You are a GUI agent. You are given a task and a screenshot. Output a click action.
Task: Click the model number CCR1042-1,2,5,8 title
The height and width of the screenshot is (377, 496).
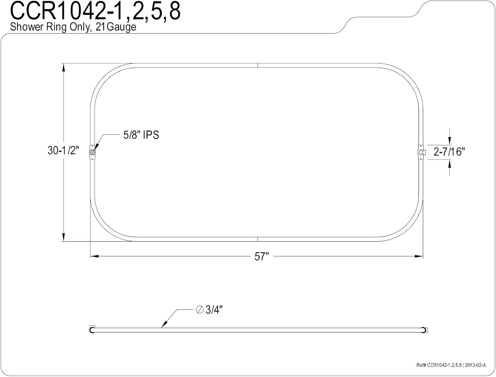tap(95, 11)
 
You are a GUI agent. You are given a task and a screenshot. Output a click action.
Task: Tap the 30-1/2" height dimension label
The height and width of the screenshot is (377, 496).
tap(63, 150)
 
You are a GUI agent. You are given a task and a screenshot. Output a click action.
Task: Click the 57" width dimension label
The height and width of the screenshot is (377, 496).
tap(262, 257)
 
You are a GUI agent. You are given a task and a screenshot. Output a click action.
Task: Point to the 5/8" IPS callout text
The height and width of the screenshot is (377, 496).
tap(141, 135)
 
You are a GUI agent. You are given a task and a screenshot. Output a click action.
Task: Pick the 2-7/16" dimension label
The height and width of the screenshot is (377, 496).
tap(449, 152)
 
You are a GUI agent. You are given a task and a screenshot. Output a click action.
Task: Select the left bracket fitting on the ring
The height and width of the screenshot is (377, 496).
tap(92, 152)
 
